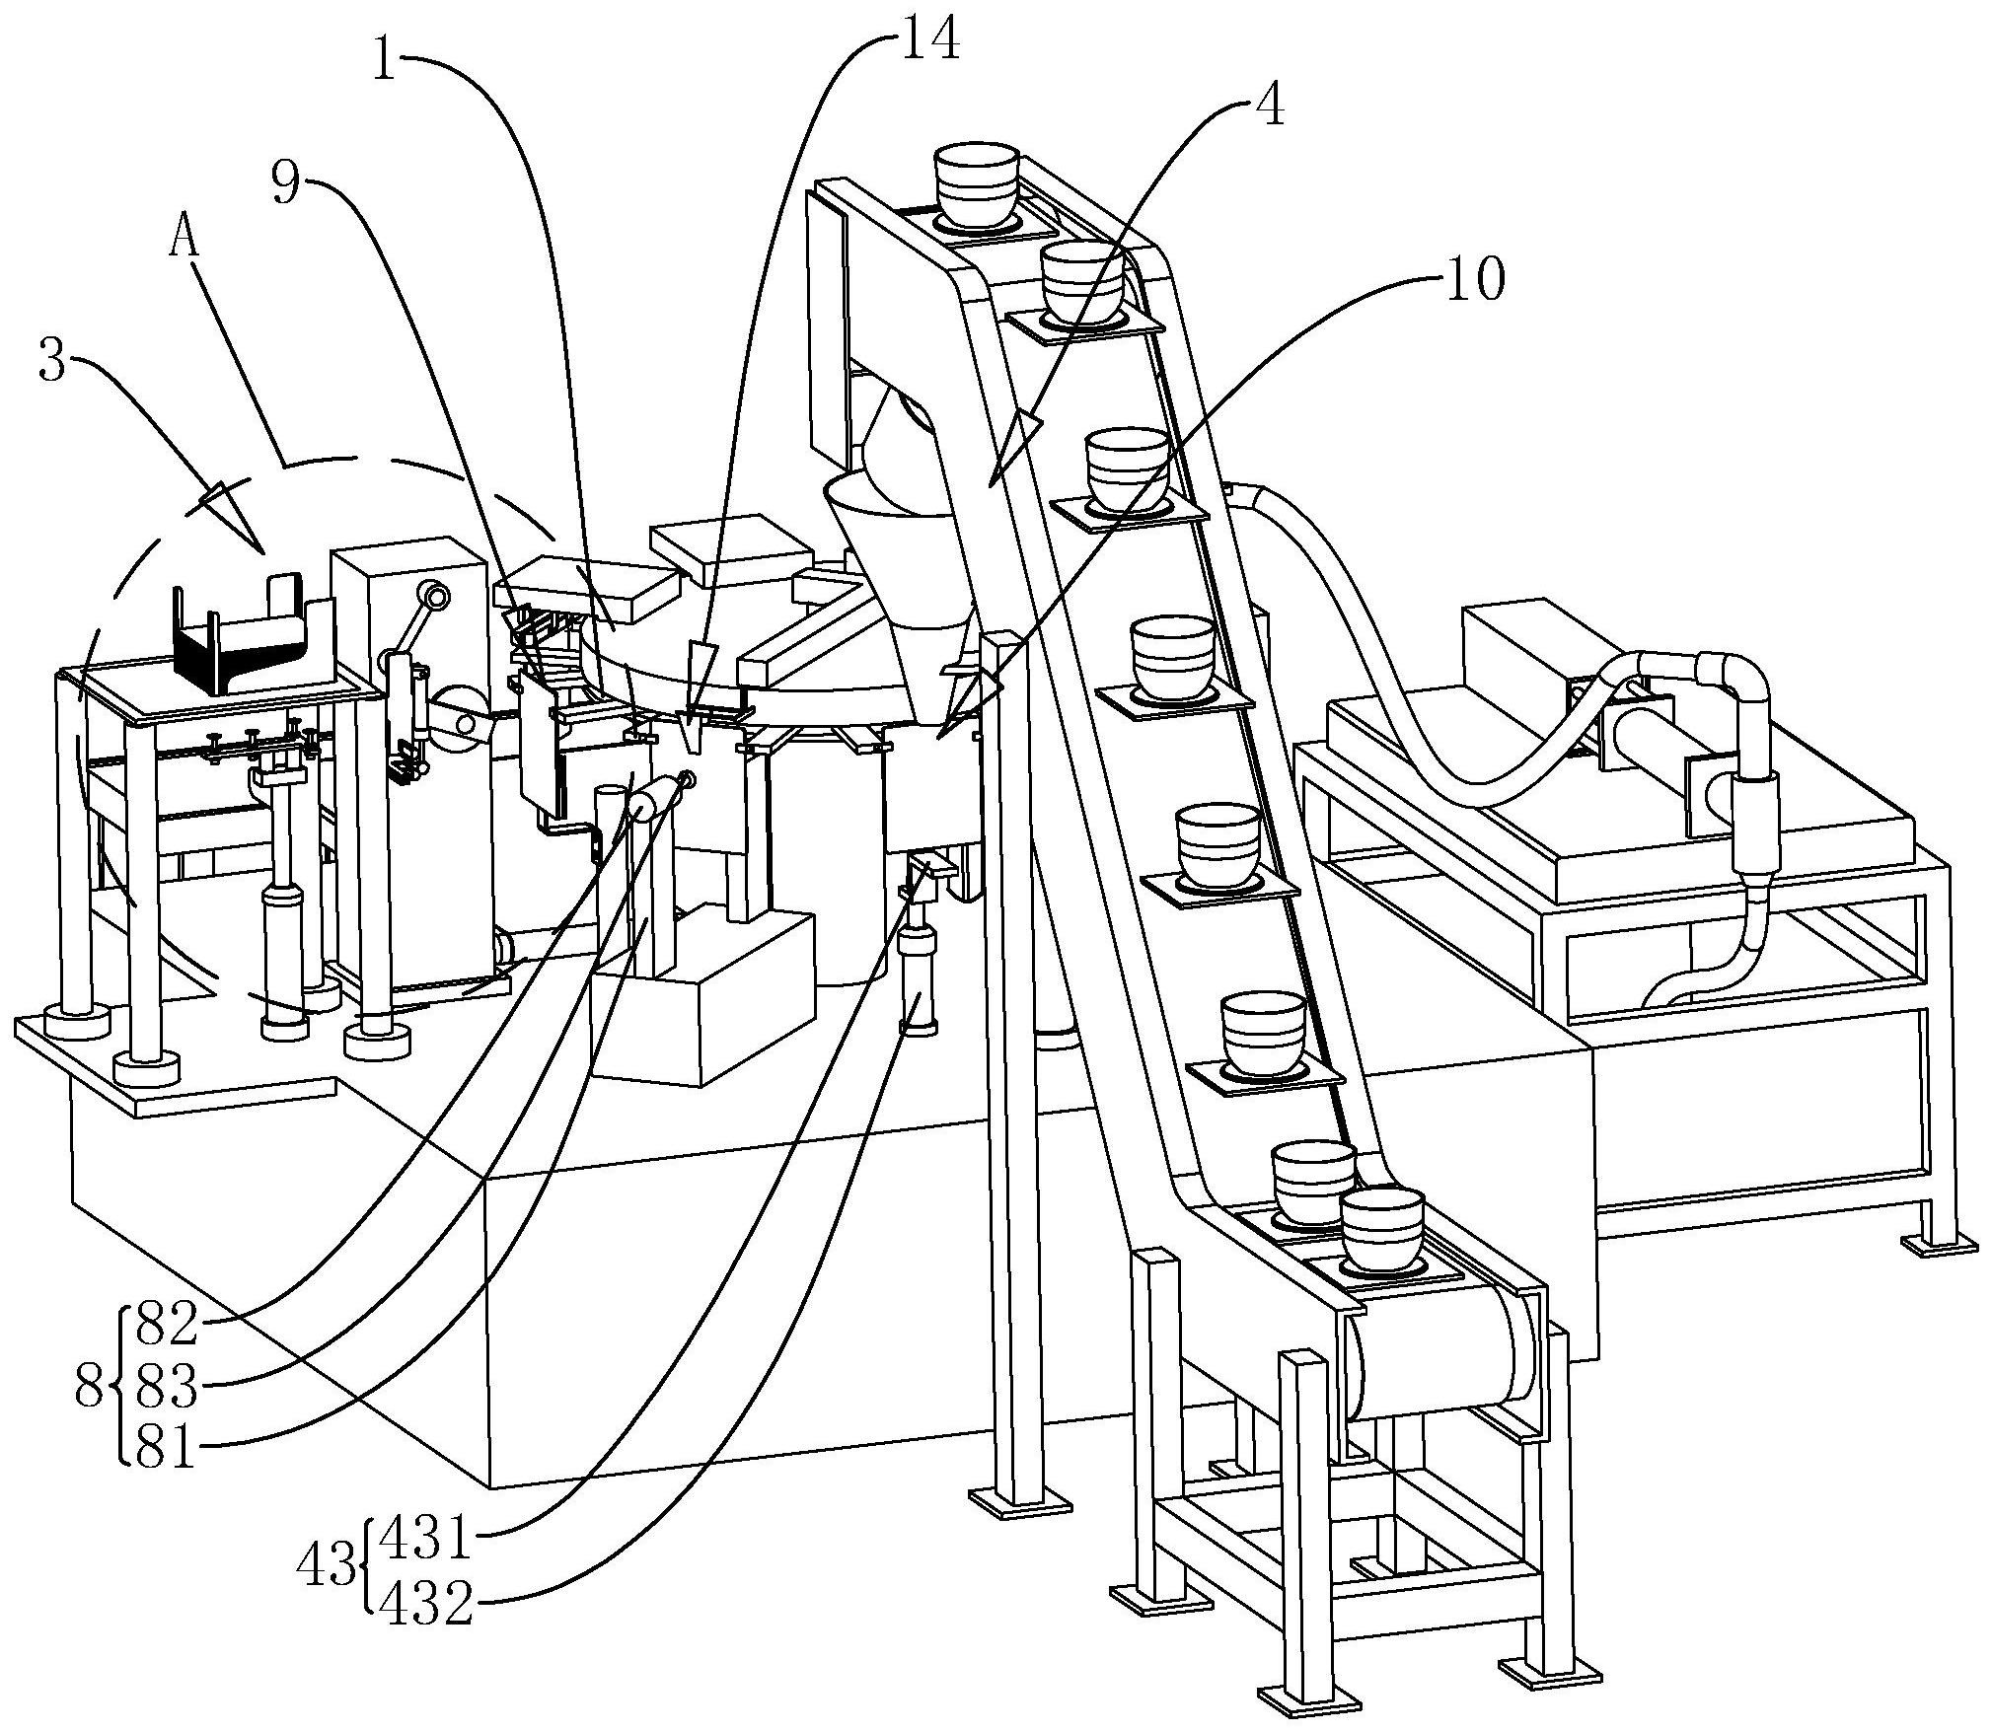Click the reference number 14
(x=928, y=42)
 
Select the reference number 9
(x=286, y=183)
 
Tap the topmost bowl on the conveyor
(x=976, y=182)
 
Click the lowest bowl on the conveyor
(x=1382, y=1229)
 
